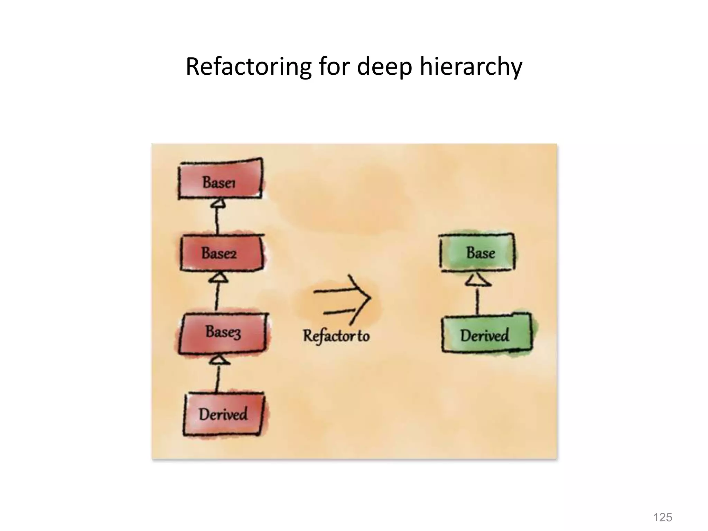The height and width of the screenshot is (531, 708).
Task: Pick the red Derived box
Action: [223, 414]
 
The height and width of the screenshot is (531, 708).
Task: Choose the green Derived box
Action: [486, 334]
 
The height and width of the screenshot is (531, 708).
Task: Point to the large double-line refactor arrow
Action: [342, 299]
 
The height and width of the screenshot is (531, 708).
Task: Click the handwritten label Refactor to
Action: [336, 336]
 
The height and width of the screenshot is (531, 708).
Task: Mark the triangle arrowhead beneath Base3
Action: [219, 360]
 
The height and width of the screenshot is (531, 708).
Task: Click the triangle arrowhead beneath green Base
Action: [478, 280]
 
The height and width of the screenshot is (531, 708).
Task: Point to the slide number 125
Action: [662, 518]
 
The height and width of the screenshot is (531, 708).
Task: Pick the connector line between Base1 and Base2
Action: [217, 221]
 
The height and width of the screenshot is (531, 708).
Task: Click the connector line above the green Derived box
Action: [478, 301]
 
